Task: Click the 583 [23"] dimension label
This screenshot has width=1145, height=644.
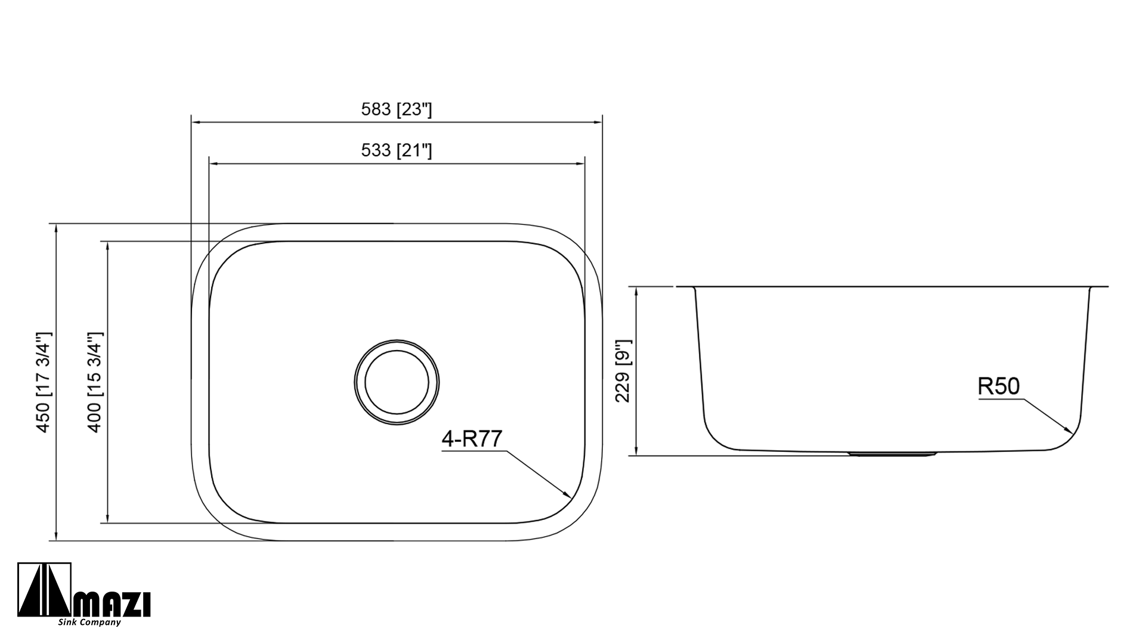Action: [x=396, y=110]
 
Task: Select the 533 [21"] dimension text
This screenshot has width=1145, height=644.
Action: [x=396, y=151]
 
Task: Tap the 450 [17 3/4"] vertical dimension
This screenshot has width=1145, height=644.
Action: [x=44, y=382]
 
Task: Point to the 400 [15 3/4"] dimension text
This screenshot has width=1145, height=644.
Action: [x=95, y=382]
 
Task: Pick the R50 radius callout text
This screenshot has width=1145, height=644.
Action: [x=999, y=387]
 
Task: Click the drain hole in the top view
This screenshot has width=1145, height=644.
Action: [x=397, y=382]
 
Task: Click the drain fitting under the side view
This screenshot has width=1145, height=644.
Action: [x=892, y=454]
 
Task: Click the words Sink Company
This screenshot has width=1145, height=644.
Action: [x=89, y=623]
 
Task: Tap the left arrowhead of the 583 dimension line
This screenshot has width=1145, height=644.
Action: [x=193, y=122]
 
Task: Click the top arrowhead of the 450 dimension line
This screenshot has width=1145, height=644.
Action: [x=56, y=227]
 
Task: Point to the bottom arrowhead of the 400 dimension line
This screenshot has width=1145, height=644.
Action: [x=108, y=520]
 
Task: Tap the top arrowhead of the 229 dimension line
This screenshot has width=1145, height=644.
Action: [x=638, y=290]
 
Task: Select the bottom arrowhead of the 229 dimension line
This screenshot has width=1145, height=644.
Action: [x=638, y=453]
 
